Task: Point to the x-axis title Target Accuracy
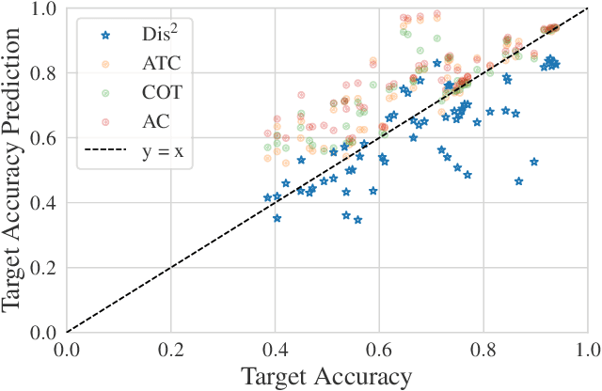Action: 326,377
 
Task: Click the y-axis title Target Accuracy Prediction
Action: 13,169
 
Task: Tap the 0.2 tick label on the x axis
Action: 170,351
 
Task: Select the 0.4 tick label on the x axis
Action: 275,351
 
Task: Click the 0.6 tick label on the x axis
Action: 379,351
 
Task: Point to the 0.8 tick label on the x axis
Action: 483,351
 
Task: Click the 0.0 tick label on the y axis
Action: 44,333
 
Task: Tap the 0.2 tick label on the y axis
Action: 44,268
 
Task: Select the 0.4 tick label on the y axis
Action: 44,203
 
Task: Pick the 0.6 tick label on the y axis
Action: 44,138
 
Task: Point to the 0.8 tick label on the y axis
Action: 44,73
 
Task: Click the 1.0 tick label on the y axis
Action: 44,9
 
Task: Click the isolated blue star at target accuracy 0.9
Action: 534,162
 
